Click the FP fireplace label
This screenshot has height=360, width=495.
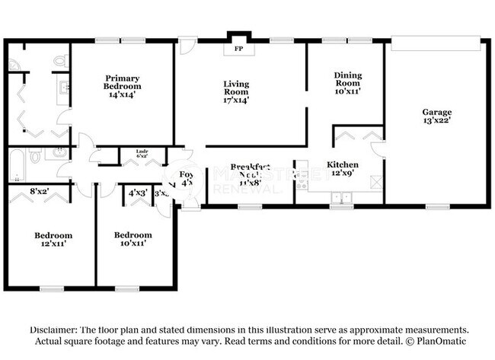[238, 49]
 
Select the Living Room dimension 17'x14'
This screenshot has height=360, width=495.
[236, 100]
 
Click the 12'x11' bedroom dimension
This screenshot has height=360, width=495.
[53, 244]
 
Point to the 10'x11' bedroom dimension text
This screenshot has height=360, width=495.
[133, 244]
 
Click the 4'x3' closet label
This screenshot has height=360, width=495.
[137, 193]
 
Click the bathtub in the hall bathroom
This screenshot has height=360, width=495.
[17, 165]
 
